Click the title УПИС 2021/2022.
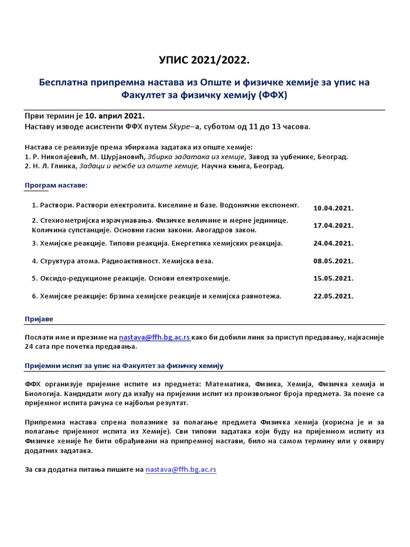205,61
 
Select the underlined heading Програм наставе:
56,185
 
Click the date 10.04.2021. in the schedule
334,208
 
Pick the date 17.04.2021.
334,225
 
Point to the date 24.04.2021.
334,243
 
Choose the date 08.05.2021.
334,261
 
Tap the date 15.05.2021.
334,278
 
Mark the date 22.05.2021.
334,296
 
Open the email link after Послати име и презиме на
154,338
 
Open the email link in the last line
181,470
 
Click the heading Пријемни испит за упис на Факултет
124,365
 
